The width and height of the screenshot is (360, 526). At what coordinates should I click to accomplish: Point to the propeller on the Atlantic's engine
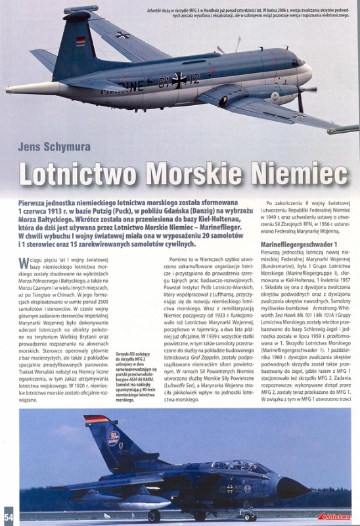coord(302,93)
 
